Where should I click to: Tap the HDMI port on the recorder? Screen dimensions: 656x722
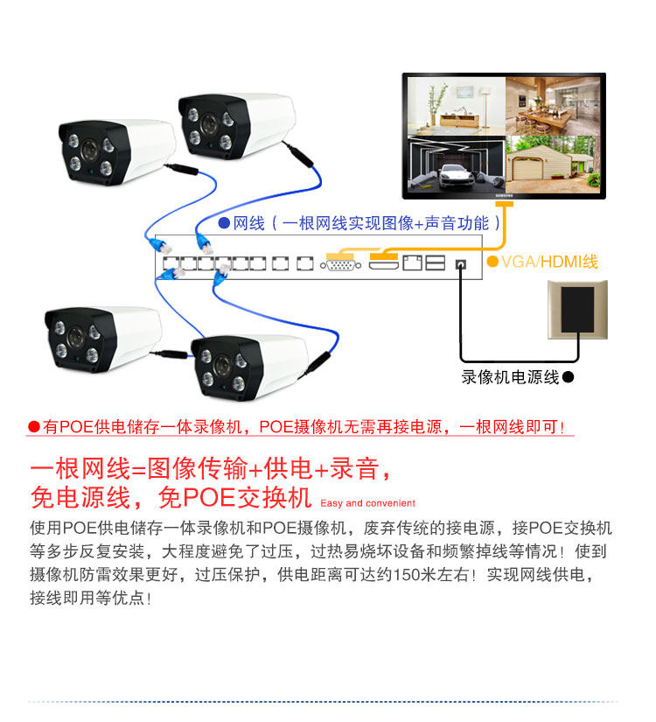[383, 263]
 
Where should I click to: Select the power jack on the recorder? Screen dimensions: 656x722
[461, 263]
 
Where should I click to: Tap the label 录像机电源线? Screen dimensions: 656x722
[510, 378]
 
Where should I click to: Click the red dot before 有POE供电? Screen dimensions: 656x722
[34, 427]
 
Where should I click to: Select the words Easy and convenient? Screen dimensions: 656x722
[367, 503]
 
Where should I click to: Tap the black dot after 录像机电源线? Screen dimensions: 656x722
[568, 378]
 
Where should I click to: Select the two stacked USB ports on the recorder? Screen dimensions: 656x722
[435, 263]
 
